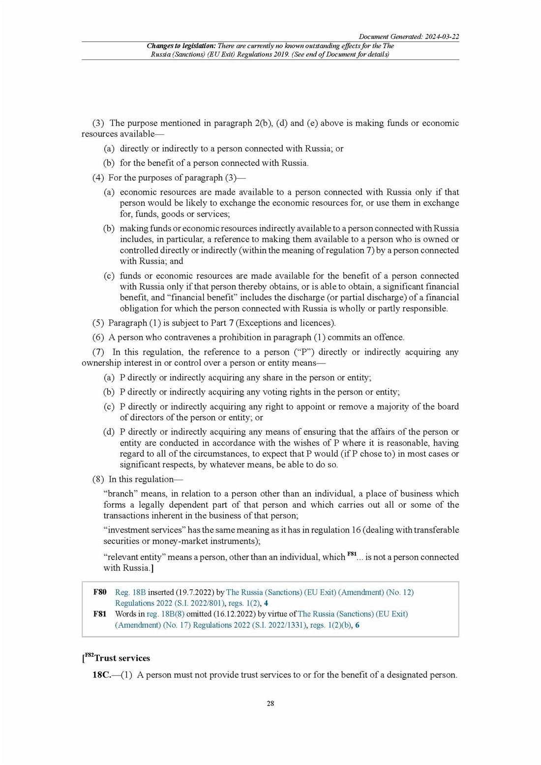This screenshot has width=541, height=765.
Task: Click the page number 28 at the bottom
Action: point(270,704)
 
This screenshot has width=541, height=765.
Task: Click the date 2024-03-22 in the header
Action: point(442,37)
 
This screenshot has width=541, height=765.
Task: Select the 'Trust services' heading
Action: point(122,658)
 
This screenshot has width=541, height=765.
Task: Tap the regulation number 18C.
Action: point(101,675)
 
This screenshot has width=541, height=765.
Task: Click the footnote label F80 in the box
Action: point(100,592)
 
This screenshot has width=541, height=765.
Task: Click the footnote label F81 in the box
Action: point(100,614)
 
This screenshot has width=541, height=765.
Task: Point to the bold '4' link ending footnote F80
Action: point(266,603)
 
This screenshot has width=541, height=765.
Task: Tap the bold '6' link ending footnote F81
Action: point(358,625)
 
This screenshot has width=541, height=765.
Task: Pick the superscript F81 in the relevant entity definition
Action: point(352,554)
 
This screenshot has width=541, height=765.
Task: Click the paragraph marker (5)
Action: point(98,323)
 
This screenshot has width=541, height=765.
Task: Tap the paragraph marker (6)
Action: point(98,337)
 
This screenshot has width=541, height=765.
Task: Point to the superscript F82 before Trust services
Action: point(89,655)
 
